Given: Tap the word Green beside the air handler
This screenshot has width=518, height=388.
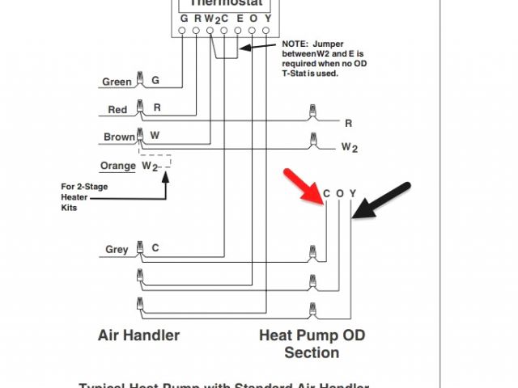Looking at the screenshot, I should [x=117, y=82].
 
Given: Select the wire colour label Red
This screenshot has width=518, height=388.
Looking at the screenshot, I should [x=117, y=110].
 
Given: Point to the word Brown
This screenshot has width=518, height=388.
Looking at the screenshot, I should [x=119, y=137].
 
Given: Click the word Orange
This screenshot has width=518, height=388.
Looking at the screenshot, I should [x=117, y=167].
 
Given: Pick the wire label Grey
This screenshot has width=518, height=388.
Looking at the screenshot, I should [x=117, y=250].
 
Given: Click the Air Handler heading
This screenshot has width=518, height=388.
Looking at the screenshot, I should [x=138, y=335].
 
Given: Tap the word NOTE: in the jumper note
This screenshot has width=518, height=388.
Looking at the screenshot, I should [x=297, y=44].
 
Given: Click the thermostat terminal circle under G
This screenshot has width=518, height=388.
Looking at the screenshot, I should [x=184, y=32].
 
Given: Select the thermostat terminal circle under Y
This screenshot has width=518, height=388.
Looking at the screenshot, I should [x=266, y=32].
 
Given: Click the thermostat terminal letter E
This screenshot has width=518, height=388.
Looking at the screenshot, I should [x=238, y=19].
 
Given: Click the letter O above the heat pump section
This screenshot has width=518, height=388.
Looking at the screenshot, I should [x=340, y=193].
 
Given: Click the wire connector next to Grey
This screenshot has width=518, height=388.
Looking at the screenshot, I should [x=141, y=247].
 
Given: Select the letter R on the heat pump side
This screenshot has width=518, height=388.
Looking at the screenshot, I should [x=349, y=124].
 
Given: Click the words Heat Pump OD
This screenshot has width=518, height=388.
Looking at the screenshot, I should [x=312, y=335].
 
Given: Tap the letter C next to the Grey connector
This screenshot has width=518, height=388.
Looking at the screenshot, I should [x=155, y=249].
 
